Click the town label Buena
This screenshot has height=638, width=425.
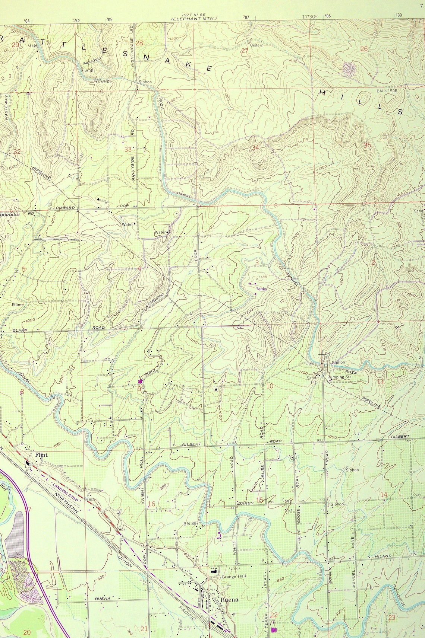[x=229, y=600]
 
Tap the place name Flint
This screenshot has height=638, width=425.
[x=41, y=455]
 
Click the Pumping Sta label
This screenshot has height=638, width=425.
[x=339, y=377]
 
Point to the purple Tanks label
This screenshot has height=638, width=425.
[x=261, y=288]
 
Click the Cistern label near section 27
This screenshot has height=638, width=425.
[x=256, y=45]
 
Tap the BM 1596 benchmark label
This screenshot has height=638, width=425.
[x=387, y=91]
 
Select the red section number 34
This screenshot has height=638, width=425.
[x=255, y=147]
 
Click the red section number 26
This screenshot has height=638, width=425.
[x=364, y=49]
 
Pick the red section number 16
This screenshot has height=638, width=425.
[x=151, y=504]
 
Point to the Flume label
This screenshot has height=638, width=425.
[x=18, y=304]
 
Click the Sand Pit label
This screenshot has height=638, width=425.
[x=311, y=379]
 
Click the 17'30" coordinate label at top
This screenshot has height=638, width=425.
[x=309, y=17]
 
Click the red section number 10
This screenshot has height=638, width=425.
[x=270, y=386]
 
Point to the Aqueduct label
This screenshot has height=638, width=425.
[x=92, y=63]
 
